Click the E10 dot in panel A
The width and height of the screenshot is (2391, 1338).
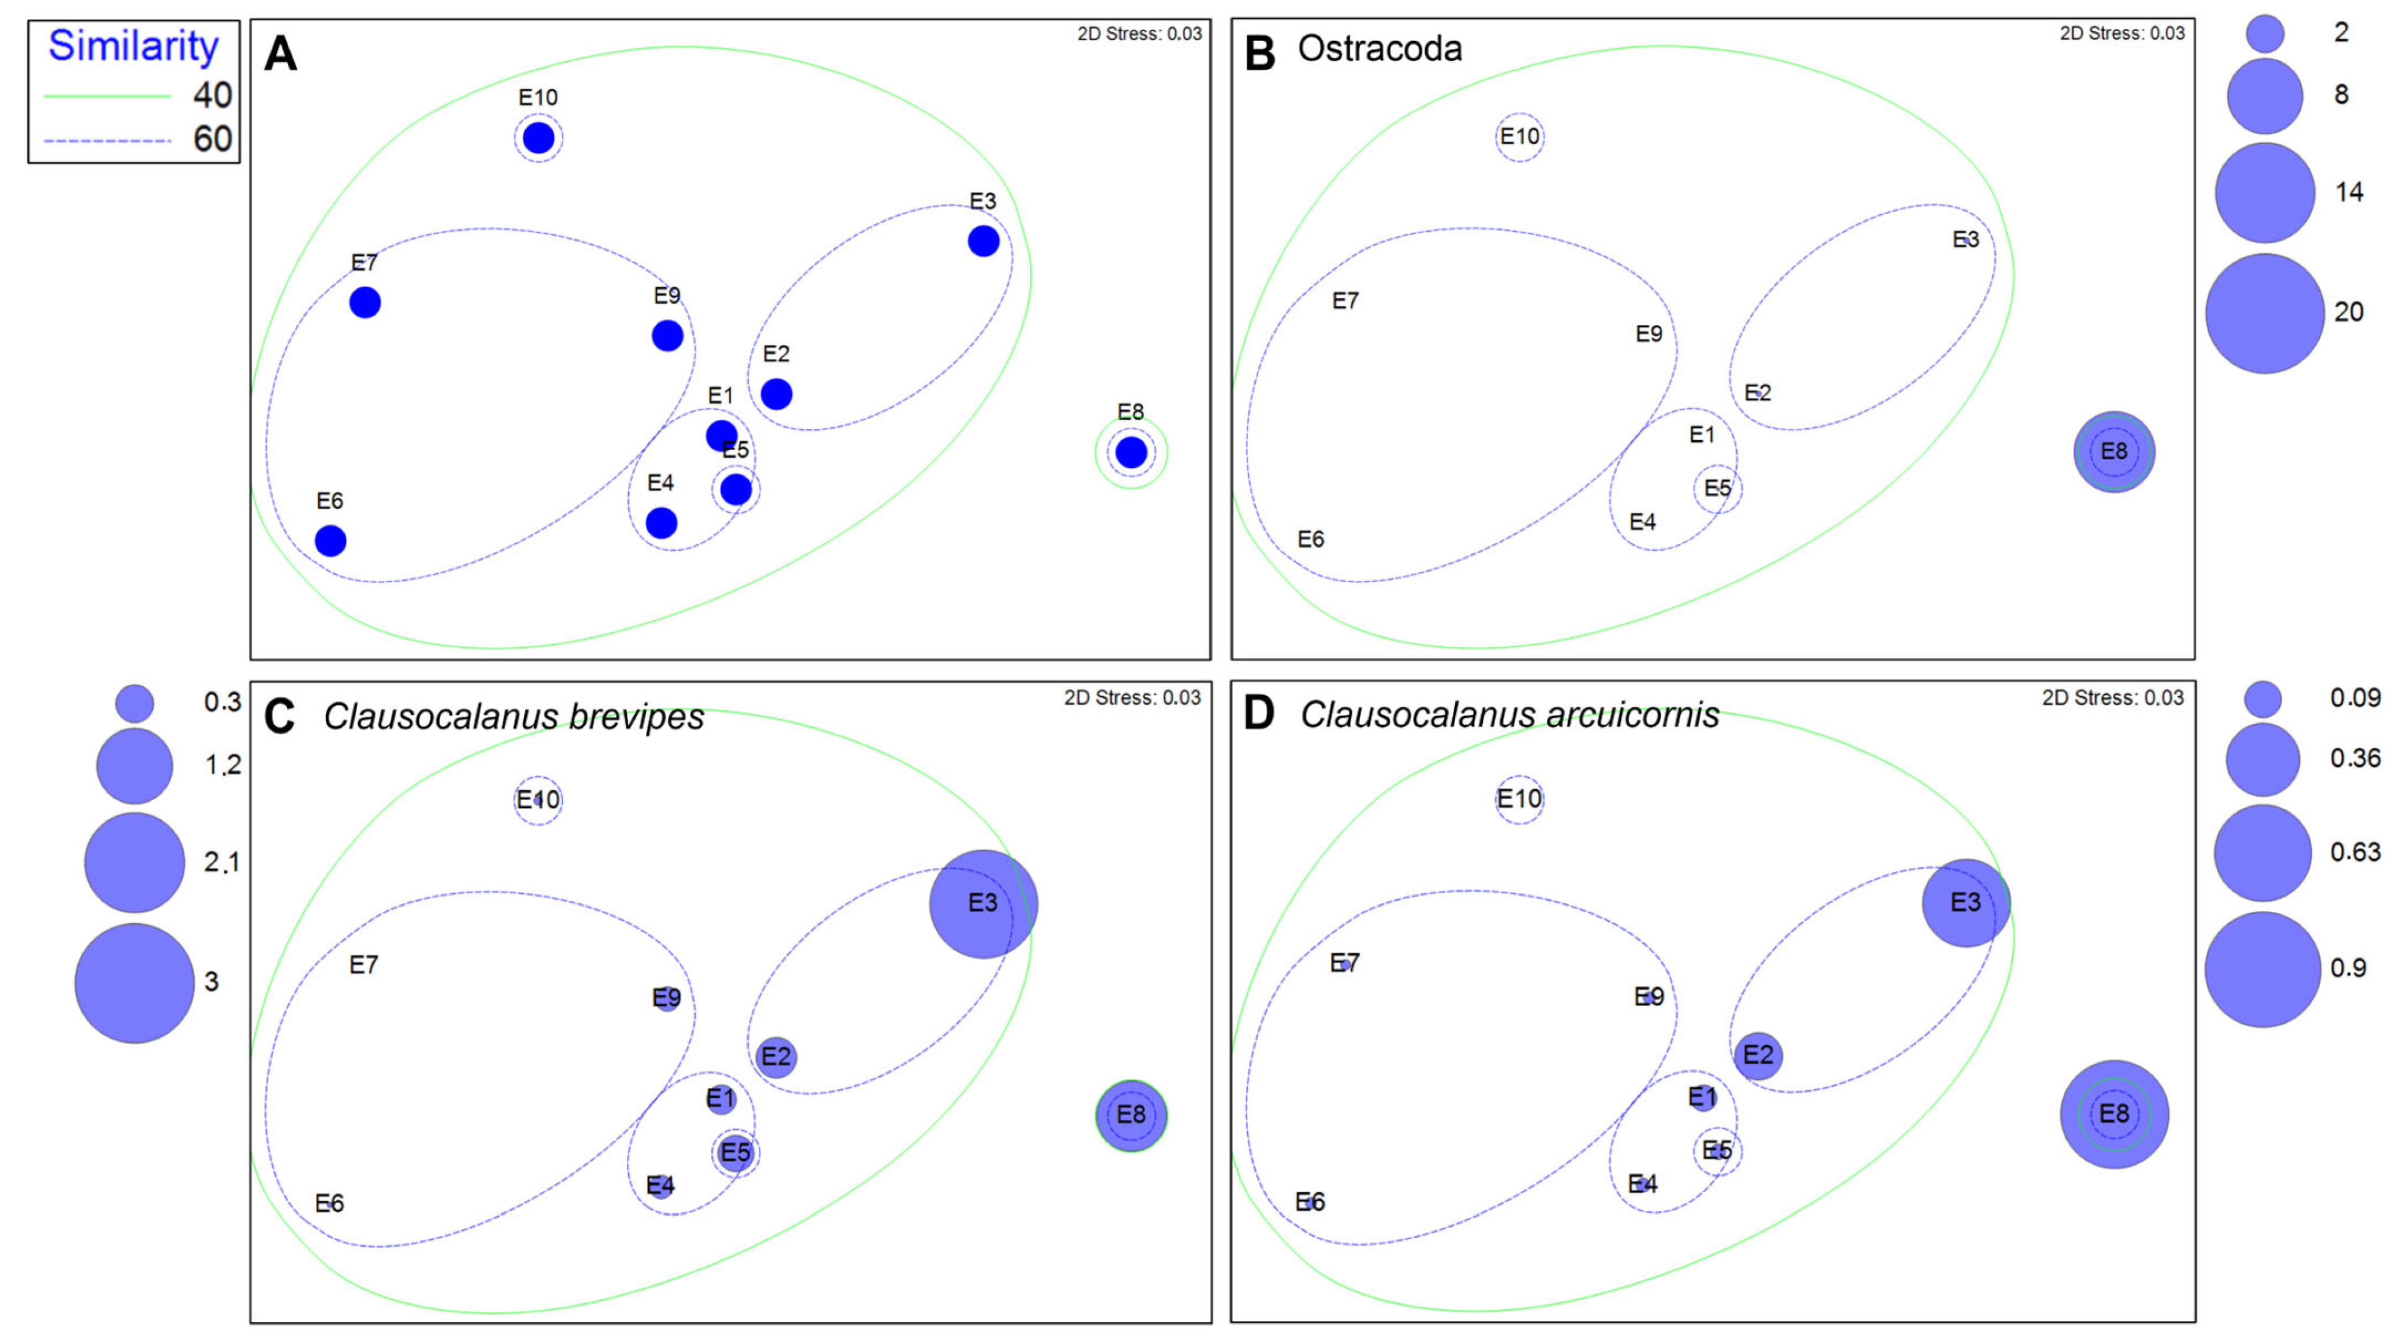(538, 138)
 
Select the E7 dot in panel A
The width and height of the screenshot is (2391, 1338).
(365, 302)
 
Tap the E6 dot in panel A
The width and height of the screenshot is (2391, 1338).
(331, 540)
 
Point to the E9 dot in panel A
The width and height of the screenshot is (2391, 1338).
(668, 335)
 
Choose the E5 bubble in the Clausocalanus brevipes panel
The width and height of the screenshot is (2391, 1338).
(735, 1152)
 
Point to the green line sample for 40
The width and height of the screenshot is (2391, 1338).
(106, 96)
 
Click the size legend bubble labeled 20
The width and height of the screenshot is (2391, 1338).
(2264, 314)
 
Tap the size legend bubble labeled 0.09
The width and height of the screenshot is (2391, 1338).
(2263, 699)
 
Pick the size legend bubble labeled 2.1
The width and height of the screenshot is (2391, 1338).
(135, 863)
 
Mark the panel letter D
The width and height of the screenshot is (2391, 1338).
(1259, 713)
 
